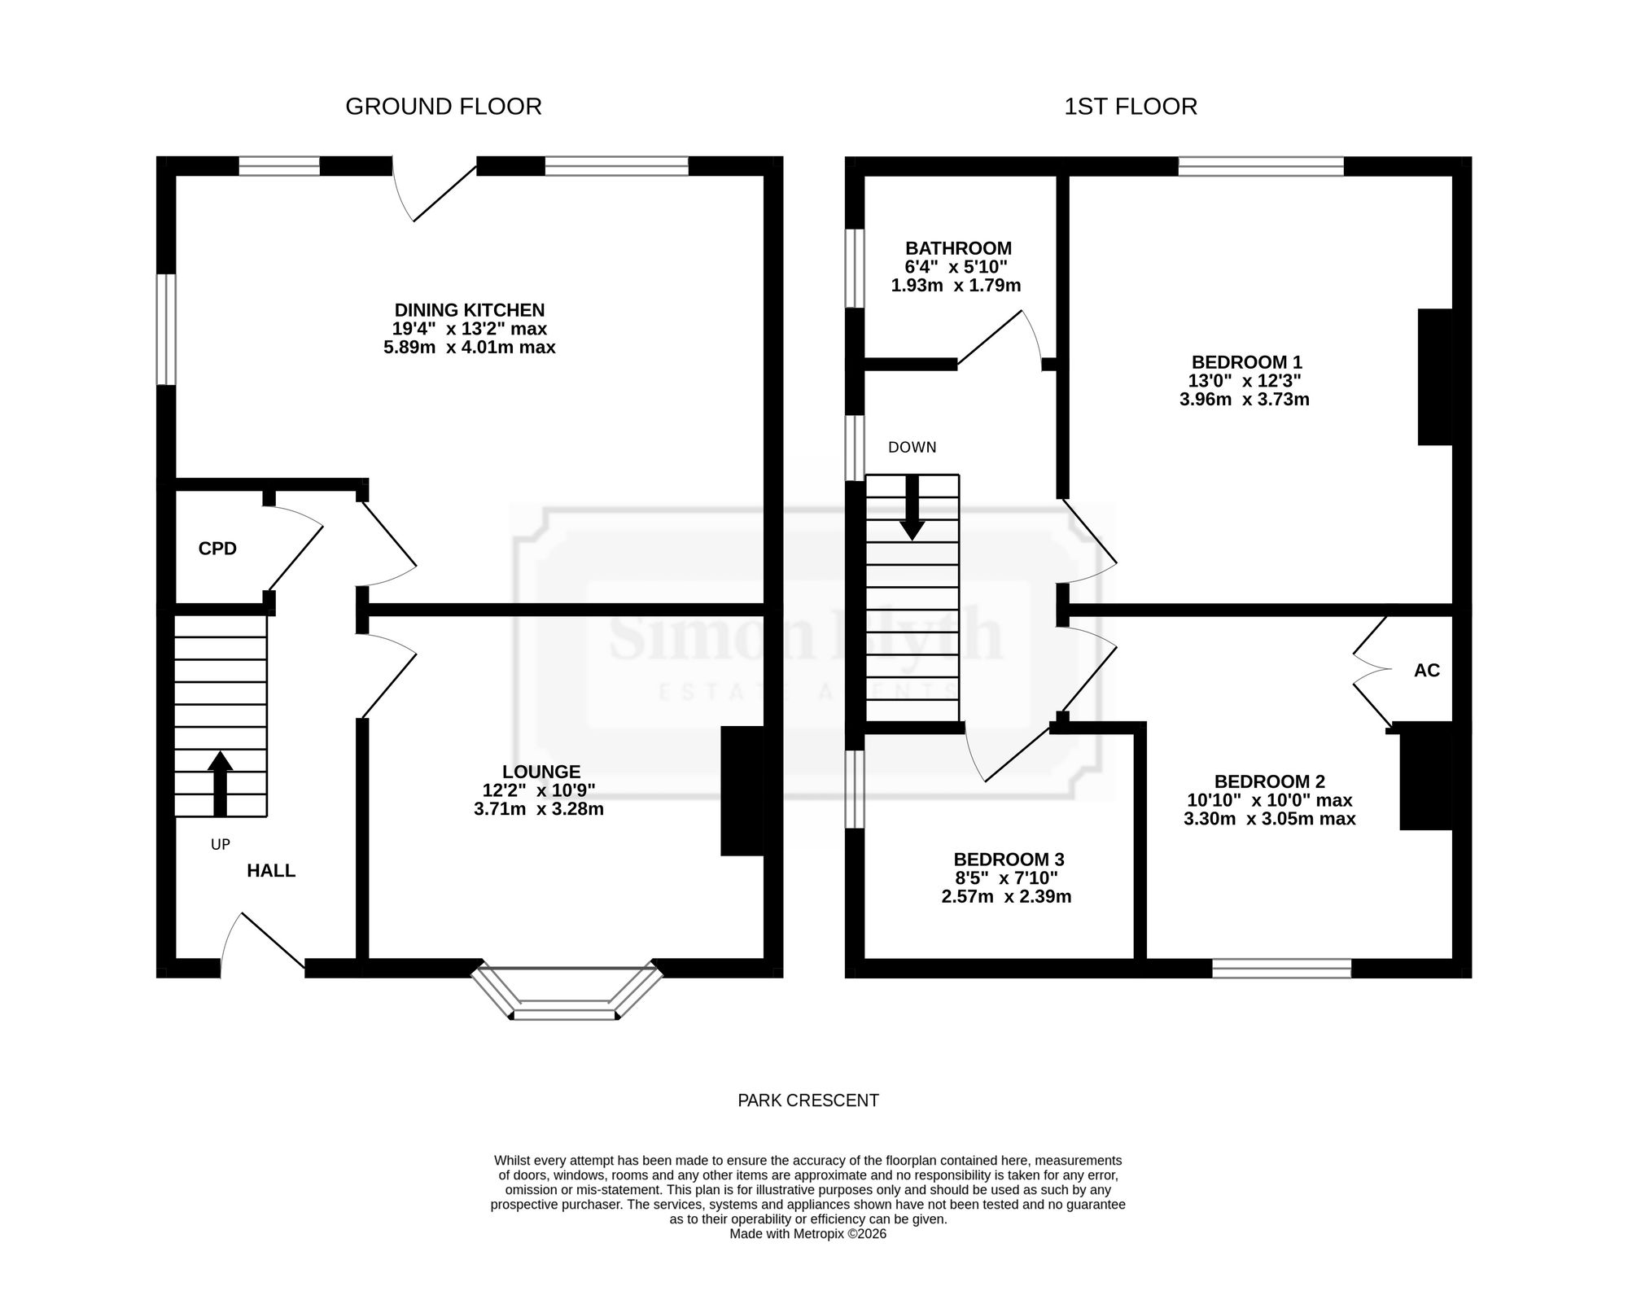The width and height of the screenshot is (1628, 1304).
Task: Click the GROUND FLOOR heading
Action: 444,107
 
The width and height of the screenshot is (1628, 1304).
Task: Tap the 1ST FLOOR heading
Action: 1131,107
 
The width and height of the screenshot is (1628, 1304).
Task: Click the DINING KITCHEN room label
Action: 470,310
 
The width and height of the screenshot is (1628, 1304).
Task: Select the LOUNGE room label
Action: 541,772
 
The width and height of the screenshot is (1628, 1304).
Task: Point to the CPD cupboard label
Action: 217,549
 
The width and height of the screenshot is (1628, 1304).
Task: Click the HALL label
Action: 271,871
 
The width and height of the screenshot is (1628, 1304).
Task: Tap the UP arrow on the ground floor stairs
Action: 220,783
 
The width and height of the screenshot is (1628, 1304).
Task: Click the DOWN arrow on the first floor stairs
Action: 912,507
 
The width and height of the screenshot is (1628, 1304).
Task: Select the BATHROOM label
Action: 958,248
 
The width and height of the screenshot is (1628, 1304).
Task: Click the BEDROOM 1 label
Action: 1245,362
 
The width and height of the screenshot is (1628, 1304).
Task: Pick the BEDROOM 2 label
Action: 1270,781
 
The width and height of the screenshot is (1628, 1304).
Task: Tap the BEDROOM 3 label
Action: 1009,860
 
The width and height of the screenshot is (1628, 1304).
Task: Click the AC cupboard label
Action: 1427,670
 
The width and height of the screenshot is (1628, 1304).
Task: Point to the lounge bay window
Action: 567,993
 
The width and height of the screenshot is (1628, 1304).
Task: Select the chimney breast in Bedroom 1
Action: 1435,377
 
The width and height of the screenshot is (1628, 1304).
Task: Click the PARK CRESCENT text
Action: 808,1101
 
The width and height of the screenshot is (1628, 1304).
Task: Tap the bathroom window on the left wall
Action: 854,269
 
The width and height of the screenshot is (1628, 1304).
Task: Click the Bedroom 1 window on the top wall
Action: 1261,167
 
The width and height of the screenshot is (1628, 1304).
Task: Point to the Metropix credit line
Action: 808,1234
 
